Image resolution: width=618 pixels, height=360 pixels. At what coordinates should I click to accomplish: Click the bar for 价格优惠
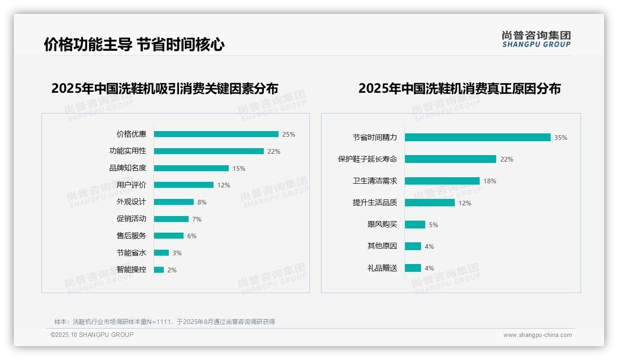216,134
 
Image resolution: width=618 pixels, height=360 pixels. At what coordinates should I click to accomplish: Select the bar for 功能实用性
208,151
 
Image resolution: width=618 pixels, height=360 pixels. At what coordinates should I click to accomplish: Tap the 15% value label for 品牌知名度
239,168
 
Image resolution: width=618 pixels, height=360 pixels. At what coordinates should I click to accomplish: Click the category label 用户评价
131,185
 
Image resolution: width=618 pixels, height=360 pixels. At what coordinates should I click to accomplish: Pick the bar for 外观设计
173,202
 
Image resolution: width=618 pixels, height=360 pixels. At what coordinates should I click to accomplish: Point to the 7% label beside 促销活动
197,219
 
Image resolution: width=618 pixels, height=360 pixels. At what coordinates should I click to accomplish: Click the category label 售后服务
131,236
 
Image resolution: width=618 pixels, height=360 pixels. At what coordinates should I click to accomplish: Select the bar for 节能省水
161,252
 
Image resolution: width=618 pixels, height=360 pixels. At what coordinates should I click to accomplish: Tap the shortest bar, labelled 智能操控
159,270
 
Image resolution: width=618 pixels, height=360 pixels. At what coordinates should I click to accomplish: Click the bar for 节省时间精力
477,137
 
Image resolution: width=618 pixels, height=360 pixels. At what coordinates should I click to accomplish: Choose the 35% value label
561,138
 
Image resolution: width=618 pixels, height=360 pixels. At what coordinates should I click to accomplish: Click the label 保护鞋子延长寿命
367,159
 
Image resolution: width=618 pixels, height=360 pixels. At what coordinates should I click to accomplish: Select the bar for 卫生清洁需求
442,181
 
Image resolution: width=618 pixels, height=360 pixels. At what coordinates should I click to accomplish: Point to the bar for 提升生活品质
429,203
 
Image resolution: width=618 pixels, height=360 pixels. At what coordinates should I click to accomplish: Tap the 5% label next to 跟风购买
434,225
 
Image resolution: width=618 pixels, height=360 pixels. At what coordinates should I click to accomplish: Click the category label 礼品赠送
382,268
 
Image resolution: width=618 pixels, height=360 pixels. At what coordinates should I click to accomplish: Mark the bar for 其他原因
413,246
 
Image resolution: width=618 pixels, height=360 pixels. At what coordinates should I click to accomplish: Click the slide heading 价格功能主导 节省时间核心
134,45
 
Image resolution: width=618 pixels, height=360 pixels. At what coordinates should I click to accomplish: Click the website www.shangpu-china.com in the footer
537,335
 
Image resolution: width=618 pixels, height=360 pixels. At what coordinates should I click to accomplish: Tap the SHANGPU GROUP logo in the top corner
536,39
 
